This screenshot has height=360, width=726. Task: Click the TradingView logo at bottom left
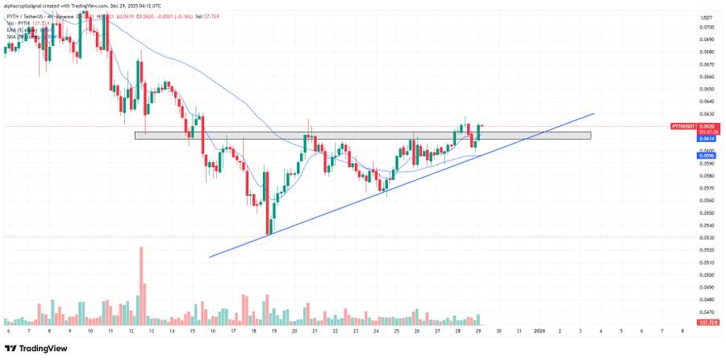coord(38,349)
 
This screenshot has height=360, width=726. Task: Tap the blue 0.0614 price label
coord(707,139)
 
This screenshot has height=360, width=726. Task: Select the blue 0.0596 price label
coord(707,156)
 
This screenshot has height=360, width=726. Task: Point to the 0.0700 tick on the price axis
coord(707,27)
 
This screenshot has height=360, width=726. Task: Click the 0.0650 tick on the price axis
coord(707,90)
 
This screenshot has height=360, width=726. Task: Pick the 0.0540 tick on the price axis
coord(707,225)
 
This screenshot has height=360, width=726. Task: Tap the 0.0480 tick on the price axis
coord(707,299)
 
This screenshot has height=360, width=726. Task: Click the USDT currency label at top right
coord(707,17)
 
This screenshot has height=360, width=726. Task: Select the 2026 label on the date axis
coord(540,331)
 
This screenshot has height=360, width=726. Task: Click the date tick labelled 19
coord(273,331)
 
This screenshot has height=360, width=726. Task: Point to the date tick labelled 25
coord(397,331)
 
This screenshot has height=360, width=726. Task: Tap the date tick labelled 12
coord(131,331)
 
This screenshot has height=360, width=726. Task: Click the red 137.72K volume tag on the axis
coord(707,322)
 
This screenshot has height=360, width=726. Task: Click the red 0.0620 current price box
coord(707,127)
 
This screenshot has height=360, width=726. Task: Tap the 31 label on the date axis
coord(519,331)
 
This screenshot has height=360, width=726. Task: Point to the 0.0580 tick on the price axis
coord(707,176)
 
